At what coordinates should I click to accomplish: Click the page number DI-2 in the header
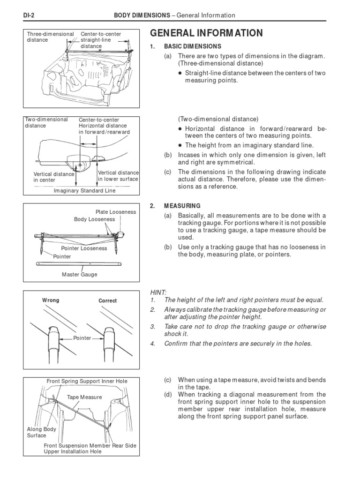click(30, 15)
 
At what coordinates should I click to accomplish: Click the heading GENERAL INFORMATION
click(206, 33)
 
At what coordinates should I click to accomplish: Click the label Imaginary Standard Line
click(84, 191)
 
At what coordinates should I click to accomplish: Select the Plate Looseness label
click(115, 212)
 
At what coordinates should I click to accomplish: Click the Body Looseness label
click(94, 219)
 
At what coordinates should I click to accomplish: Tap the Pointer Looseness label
click(84, 248)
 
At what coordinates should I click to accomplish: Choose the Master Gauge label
click(80, 275)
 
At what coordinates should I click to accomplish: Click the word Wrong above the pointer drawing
click(51, 300)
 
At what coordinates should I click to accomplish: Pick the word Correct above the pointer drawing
click(107, 301)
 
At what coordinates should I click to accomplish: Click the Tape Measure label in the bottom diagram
click(84, 397)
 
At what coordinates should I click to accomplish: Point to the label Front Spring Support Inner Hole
click(87, 381)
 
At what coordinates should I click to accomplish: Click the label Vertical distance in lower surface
click(118, 176)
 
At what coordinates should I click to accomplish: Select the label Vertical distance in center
click(53, 177)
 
